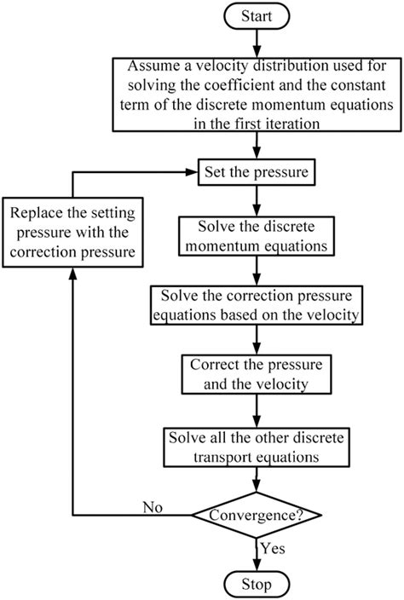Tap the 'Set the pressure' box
[x=255, y=173]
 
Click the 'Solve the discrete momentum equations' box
[x=255, y=235]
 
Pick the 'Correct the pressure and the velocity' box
[x=255, y=373]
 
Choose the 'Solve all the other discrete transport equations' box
[x=255, y=444]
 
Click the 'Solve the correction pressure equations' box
[x=255, y=304]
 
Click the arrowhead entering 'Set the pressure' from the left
[x=192, y=173]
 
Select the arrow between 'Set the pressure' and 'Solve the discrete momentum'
[x=255, y=199]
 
